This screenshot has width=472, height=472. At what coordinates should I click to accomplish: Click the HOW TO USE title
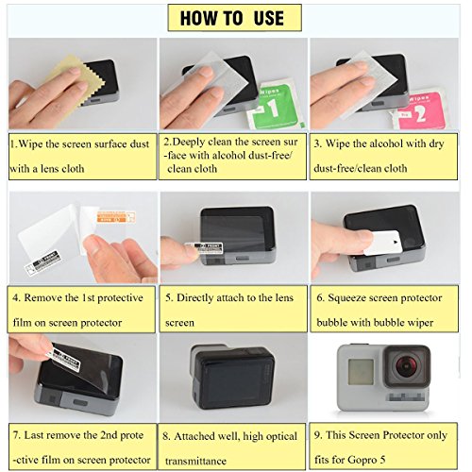coord(232,18)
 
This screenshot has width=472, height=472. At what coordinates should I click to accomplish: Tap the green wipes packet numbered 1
coord(276,106)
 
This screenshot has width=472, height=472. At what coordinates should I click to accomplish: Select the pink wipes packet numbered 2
coord(422,110)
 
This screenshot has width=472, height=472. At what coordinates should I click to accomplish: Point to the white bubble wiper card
coord(383,243)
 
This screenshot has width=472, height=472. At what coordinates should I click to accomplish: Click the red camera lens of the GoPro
coord(407,365)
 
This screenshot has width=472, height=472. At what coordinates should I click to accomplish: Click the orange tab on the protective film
coord(116,217)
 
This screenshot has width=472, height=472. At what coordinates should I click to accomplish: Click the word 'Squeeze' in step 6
coord(346,298)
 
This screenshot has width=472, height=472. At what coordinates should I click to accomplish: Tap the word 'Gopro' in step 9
coord(362,461)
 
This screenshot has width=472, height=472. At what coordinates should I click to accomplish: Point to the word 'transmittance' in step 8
coord(195,462)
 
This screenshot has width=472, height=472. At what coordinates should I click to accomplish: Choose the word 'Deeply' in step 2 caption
coord(189,143)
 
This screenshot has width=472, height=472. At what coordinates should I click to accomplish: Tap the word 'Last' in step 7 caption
coord(34,435)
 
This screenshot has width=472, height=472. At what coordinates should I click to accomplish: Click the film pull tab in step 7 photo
coord(63,358)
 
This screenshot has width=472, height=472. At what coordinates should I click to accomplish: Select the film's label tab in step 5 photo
coord(204,247)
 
